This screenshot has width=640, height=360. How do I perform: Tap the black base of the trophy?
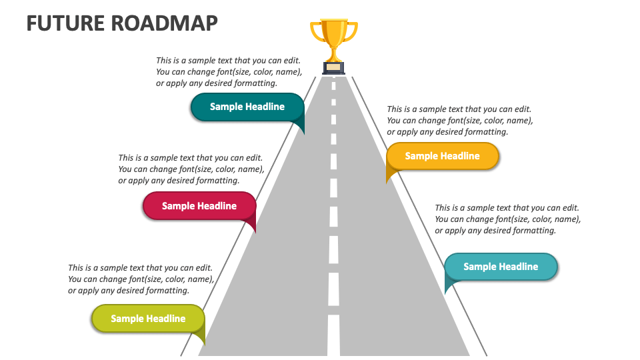[334, 68]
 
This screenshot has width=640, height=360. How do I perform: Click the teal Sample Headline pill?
[247, 107]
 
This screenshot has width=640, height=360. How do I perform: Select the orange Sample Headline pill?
[442, 156]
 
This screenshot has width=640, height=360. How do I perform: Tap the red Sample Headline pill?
[199, 206]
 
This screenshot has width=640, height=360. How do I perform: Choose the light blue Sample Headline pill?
[500, 267]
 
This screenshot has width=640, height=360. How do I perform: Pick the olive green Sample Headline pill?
[147, 319]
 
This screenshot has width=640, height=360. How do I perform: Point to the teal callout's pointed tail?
[300, 127]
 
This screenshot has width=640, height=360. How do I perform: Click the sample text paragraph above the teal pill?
[229, 72]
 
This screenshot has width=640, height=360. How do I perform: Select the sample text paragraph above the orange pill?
[459, 121]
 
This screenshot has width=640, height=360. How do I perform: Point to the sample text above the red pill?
[191, 169]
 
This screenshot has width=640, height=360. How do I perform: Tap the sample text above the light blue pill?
[507, 219]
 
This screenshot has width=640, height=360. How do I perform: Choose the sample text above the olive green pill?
[141, 279]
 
